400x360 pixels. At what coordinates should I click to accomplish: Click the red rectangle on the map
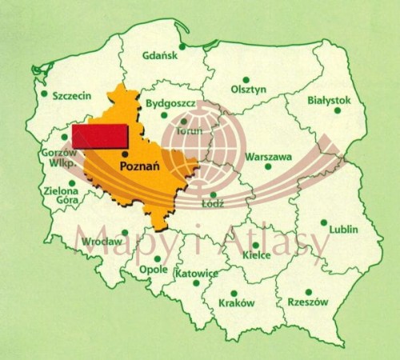[101, 136]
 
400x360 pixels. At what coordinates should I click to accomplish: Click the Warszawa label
[269, 157]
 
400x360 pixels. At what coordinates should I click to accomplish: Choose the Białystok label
[329, 100]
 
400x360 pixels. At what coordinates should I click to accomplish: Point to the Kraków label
[237, 304]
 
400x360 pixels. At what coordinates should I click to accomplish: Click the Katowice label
[196, 274]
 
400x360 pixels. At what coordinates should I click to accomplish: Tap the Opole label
[153, 270]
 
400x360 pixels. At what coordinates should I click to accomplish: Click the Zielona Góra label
[62, 197]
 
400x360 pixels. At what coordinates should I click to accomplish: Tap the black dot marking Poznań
[125, 152]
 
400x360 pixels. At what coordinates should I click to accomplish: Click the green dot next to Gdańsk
[182, 46]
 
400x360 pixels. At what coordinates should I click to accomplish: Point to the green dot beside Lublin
[324, 223]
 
